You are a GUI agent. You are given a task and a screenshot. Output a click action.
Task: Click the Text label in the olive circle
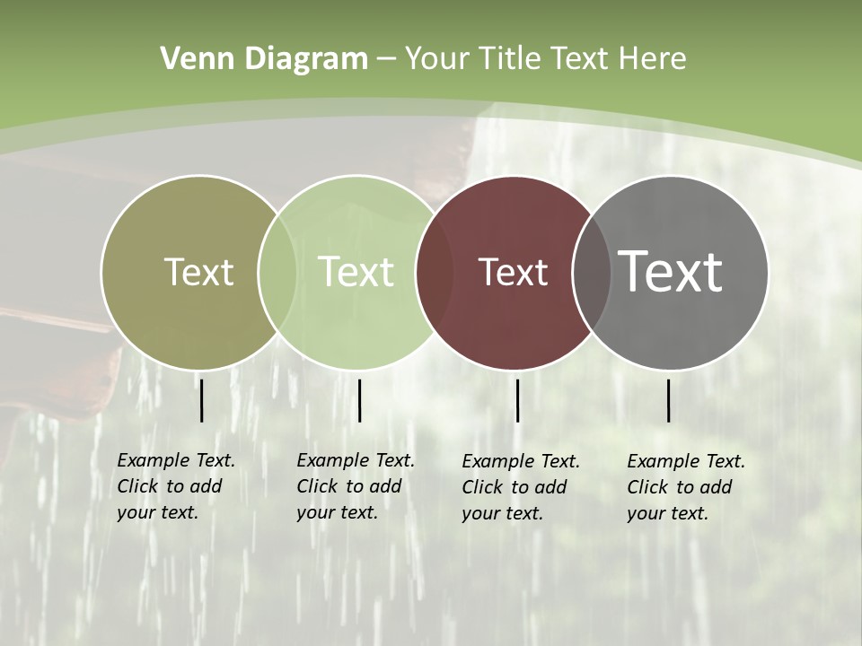pos(198,272)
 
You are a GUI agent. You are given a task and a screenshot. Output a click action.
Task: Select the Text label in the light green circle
pos(356,272)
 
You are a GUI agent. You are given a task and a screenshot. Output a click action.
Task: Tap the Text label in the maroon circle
pos(513,272)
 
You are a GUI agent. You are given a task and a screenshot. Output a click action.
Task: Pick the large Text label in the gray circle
pos(670,271)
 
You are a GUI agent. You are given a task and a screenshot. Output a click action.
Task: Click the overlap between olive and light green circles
pos(277,273)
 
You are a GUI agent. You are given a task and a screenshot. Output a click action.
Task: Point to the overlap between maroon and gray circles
pos(592,273)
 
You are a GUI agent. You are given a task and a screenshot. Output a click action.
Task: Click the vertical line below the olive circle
pos(201,400)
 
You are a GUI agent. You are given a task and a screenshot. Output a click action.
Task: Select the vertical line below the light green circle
pos(359,400)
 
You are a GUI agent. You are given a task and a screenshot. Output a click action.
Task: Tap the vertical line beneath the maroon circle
pos(517,400)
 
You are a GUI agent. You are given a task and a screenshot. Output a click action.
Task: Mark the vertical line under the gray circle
pos(668,400)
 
